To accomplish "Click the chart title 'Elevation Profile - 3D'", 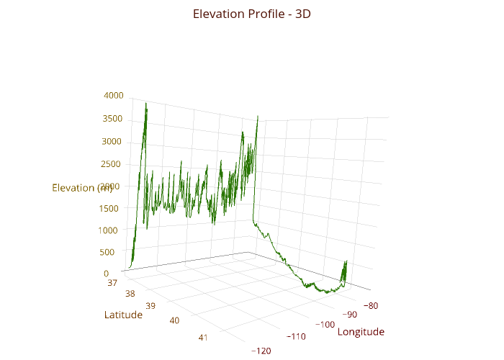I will click(x=252, y=14).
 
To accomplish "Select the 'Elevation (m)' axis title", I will click(x=82, y=188).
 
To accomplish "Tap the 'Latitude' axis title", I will click(x=123, y=315).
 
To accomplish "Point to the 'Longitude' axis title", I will click(x=361, y=332).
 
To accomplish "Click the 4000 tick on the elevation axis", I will click(x=114, y=95).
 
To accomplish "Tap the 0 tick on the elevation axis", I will click(x=106, y=274).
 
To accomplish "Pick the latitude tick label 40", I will click(x=174, y=320).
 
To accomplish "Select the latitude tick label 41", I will click(x=203, y=337).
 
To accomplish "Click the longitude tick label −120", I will click(x=262, y=351).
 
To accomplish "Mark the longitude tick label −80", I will click(x=371, y=305).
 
